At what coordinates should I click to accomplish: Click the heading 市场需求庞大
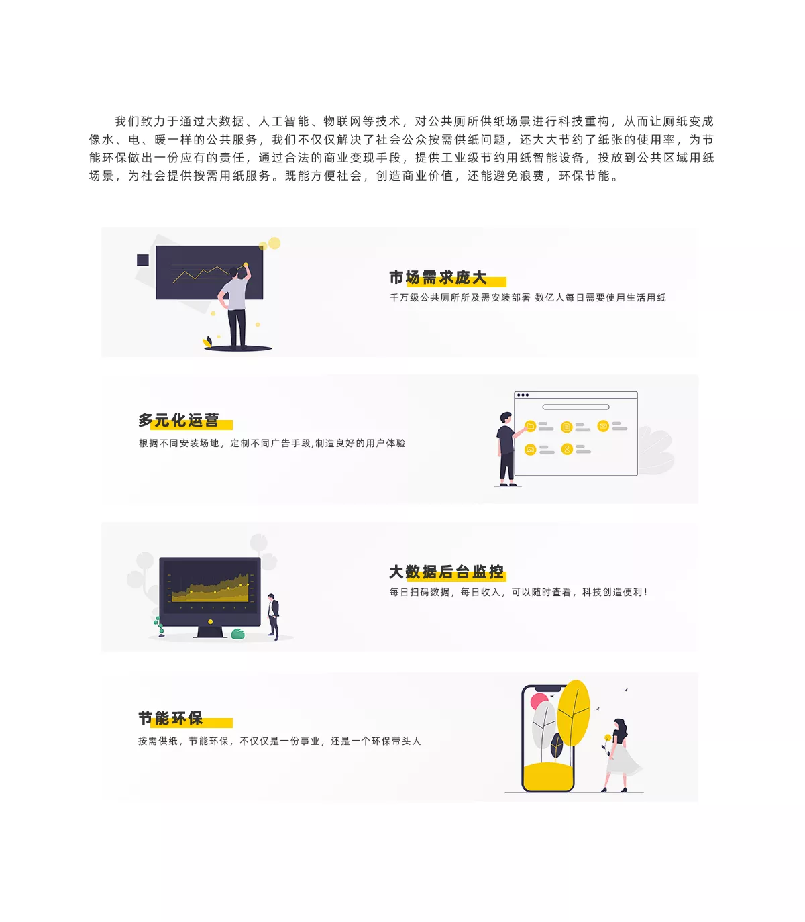point(437,277)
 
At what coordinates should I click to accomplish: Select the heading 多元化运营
point(178,420)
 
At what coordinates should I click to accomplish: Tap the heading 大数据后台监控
point(446,572)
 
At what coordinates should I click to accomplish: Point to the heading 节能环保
point(170,718)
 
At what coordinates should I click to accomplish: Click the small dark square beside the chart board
point(143,260)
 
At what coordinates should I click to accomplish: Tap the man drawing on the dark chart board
point(235,307)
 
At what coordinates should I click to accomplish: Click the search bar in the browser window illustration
point(576,407)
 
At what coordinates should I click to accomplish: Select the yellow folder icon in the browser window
point(530,426)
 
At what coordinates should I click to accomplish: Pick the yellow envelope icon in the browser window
point(602,426)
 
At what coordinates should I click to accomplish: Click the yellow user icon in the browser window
point(567,449)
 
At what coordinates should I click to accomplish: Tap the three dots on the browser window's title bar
point(523,395)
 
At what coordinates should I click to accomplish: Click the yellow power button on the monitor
point(211,621)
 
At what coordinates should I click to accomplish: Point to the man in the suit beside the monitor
point(274,616)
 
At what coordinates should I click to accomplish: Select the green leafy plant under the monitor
point(237,634)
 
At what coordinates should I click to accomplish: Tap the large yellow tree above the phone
point(573,714)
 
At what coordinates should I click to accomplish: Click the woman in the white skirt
point(619,756)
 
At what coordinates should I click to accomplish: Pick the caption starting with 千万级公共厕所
point(527,297)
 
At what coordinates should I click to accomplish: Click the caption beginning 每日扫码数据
point(519,592)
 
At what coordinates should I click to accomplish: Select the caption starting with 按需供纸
point(279,741)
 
